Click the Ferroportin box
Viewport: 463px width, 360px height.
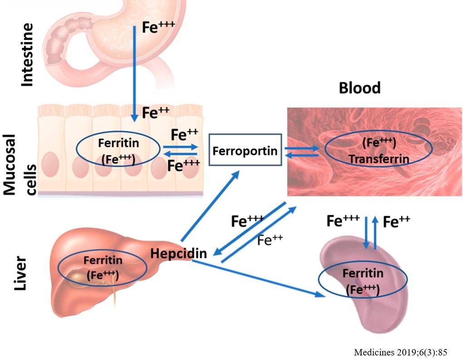pos(245,151)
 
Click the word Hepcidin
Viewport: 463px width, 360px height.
pos(179,253)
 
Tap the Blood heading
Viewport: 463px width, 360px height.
pos(360,88)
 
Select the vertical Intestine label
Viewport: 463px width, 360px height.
pos(27,55)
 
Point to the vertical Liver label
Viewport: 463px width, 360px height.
pos(20,275)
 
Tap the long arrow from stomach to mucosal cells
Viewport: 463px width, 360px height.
pos(134,73)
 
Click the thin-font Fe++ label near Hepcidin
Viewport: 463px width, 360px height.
pos(270,240)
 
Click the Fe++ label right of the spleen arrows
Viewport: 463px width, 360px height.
pos(396,222)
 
